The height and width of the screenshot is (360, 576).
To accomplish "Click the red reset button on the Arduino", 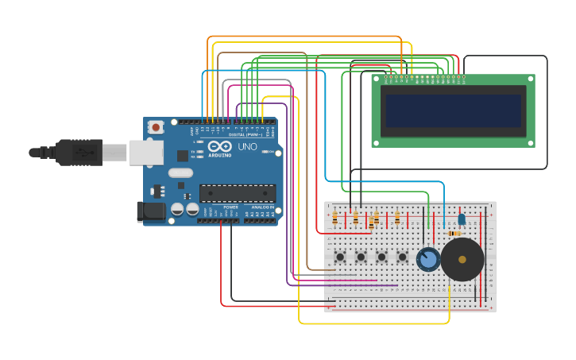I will coord(156,126).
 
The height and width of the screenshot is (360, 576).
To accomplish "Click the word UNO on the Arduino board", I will coord(247,147).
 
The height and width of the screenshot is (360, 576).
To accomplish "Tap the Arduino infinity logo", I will coord(218,146).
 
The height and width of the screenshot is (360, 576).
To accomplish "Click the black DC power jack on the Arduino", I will coord(150,211).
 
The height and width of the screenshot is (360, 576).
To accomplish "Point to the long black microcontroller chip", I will coord(238,193).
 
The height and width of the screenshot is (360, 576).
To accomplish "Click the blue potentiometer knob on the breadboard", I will coord(427,259).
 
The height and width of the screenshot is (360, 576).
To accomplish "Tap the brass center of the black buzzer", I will coord(462,260).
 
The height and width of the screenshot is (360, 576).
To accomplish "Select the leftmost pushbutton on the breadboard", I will coord(340,257).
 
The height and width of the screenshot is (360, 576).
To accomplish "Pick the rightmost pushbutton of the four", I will coord(402,257).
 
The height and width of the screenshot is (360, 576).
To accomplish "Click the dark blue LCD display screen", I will coord(453,111).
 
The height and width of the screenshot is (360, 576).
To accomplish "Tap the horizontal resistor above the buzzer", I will coord(454,234).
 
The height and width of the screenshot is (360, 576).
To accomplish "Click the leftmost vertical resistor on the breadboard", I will coord(334,218).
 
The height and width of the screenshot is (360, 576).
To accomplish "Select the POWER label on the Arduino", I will coord(230,207).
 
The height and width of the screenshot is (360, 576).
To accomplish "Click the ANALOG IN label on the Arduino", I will coord(262,207).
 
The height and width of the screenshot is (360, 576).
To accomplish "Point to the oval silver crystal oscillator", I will coord(180,172).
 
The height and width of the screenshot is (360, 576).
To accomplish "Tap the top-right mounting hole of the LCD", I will coord(530,79).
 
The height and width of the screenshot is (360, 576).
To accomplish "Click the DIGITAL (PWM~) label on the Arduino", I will coord(245,135).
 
